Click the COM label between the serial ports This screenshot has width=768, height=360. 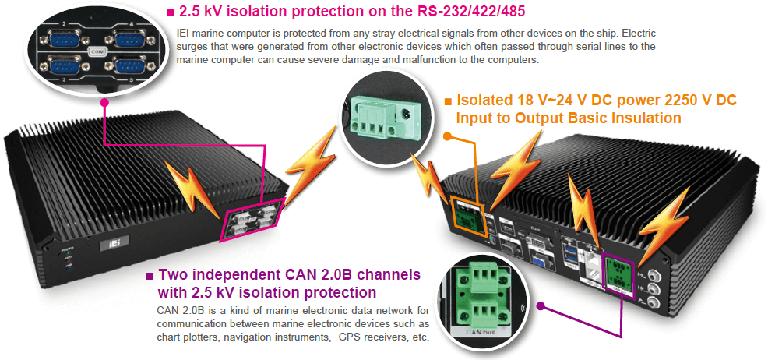(97, 52)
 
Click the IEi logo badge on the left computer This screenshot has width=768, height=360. (110, 245)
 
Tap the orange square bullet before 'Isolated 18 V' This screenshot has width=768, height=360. (448, 101)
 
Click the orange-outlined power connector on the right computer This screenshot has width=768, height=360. (467, 215)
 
